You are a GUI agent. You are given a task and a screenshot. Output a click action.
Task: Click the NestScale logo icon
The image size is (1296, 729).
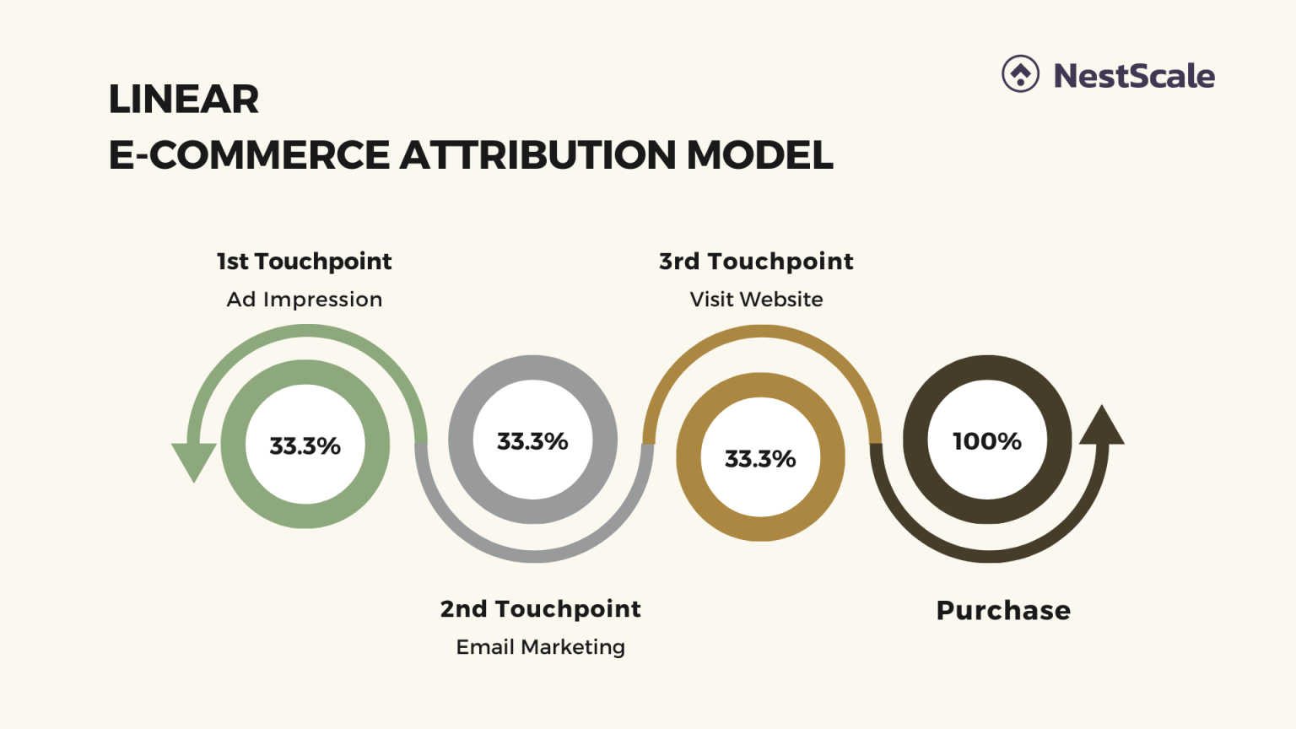click(x=1020, y=74)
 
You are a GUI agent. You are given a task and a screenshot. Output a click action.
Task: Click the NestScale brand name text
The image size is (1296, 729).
click(x=1134, y=76)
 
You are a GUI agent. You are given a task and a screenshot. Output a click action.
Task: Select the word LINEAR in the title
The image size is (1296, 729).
click(x=183, y=100)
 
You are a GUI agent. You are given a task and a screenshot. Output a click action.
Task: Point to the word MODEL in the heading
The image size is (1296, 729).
click(x=759, y=155)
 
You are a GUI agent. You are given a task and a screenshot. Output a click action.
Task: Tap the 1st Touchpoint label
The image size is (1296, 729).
click(x=304, y=262)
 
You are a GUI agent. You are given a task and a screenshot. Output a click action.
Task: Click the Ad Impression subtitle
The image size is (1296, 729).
click(x=304, y=300)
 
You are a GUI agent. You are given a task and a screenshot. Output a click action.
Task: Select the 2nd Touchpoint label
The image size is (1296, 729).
click(x=540, y=609)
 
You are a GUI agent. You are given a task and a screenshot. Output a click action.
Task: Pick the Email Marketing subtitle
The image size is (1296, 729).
click(x=540, y=647)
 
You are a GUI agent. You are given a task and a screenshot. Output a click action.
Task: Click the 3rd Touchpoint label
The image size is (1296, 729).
click(x=756, y=262)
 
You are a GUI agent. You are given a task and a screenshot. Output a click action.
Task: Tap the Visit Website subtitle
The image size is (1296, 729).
click(x=756, y=300)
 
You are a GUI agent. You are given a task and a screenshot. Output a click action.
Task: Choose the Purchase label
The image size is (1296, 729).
click(x=1003, y=610)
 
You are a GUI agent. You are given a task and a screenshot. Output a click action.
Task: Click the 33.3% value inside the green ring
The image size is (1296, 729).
click(x=305, y=445)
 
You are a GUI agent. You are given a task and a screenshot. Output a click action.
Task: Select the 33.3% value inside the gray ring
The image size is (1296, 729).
click(x=532, y=441)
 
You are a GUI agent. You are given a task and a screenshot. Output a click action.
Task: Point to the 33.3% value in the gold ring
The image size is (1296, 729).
click(x=760, y=459)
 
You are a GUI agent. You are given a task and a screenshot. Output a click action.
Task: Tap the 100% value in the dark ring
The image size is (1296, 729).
click(x=987, y=441)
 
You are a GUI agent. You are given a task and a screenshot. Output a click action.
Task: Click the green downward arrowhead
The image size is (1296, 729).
click(x=194, y=460)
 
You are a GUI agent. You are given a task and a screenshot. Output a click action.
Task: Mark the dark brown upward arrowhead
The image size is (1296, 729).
click(x=1101, y=426)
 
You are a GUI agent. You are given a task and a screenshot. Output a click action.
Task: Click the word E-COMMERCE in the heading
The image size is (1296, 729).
click(x=249, y=155)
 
